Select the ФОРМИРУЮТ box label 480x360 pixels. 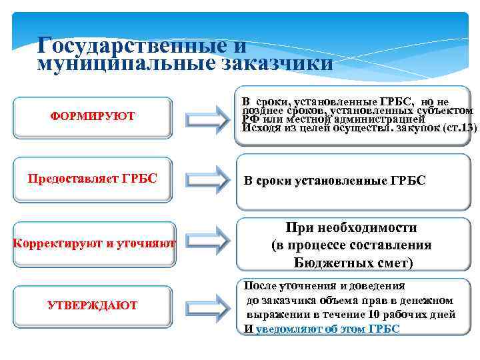point(93,116)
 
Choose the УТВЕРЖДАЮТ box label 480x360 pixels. point(93,305)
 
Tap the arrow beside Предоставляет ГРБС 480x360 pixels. point(207,179)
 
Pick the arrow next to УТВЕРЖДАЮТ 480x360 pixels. point(207,306)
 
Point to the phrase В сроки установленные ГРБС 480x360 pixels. point(334,181)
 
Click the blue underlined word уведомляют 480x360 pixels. point(288,329)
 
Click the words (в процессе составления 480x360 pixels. point(351,245)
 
